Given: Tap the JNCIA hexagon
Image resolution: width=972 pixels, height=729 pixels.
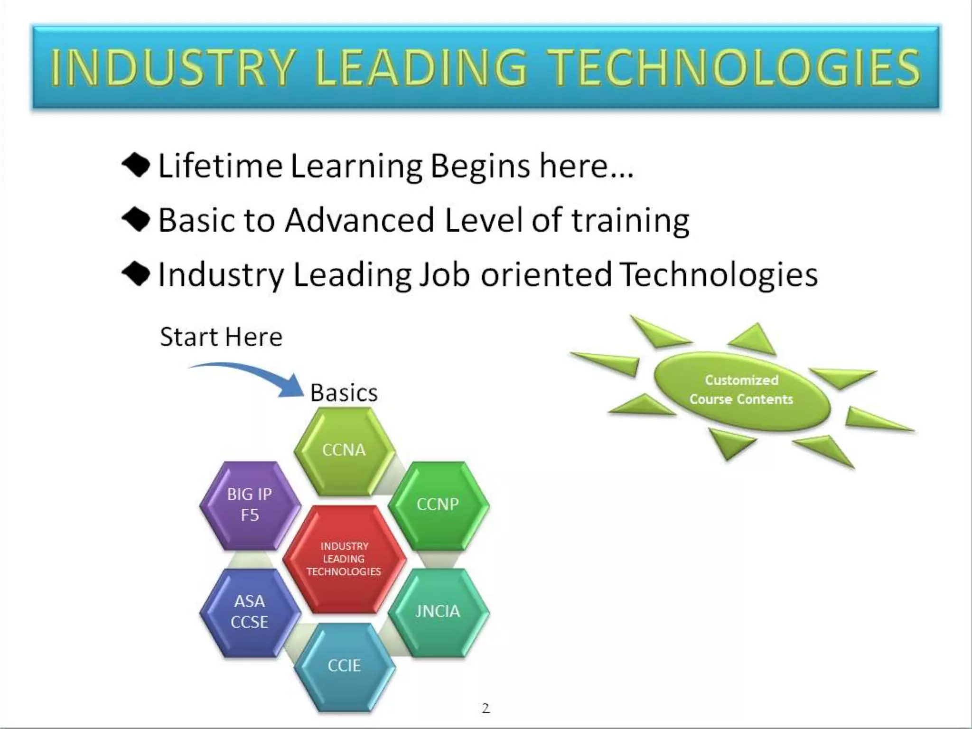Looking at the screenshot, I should click(438, 612).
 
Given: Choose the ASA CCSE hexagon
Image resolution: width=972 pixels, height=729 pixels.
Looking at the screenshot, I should click(250, 612).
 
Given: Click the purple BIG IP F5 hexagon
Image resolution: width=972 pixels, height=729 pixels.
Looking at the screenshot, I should click(250, 505).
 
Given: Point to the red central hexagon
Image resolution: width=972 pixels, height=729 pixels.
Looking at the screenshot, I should click(344, 559).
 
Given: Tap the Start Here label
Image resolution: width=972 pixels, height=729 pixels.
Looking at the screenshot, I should click(221, 337).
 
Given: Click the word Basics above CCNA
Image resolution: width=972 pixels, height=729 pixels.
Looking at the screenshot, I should click(344, 393).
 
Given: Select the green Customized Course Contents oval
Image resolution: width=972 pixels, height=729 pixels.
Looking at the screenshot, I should click(741, 390).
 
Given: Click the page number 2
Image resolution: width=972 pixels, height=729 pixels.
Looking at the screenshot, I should click(486, 709).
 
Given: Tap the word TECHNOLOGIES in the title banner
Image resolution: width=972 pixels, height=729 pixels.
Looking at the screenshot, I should click(736, 68).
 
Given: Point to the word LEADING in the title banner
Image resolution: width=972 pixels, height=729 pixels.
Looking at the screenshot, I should click(421, 68).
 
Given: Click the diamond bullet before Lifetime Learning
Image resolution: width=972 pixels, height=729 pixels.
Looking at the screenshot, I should click(136, 166).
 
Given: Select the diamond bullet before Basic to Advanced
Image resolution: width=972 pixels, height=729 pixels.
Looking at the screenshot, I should click(136, 220).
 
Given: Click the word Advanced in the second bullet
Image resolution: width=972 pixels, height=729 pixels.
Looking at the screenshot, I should click(359, 220).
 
